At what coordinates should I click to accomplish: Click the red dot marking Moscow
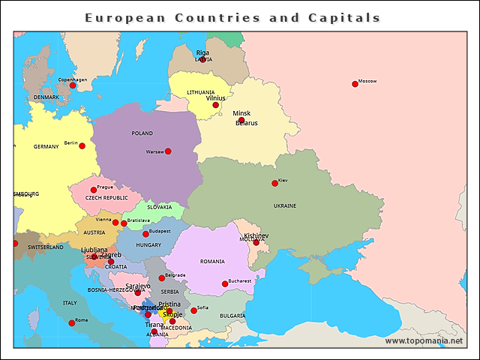355,84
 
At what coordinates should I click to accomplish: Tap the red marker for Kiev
274,183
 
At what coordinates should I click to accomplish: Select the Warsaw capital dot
168,151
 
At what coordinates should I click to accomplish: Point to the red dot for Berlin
82,145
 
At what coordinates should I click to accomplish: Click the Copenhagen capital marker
73,85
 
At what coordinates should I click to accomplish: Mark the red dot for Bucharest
225,283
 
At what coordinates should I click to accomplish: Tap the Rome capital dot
72,323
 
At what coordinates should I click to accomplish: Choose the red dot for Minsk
241,120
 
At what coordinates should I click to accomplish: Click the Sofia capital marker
193,310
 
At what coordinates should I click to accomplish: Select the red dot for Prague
94,190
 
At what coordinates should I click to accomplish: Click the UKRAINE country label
285,205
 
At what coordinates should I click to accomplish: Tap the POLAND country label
142,133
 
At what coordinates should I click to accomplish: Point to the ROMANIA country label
212,262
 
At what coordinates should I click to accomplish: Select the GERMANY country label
46,147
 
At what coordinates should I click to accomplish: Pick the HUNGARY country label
148,245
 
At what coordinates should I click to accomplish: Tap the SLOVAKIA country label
159,207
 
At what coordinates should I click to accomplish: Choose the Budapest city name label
160,231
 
